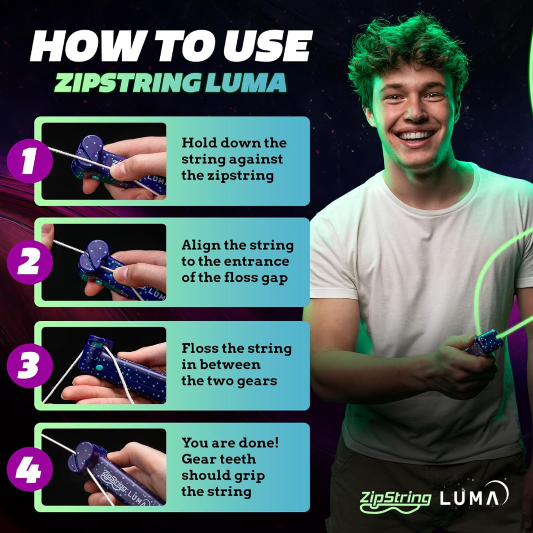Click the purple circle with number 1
tap(30, 161)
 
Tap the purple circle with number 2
tap(30, 262)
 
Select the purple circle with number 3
tap(30, 366)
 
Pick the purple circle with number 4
tap(30, 469)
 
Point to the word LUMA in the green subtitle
tap(246, 83)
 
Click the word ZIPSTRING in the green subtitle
tap(127, 83)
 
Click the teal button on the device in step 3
tap(99, 367)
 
